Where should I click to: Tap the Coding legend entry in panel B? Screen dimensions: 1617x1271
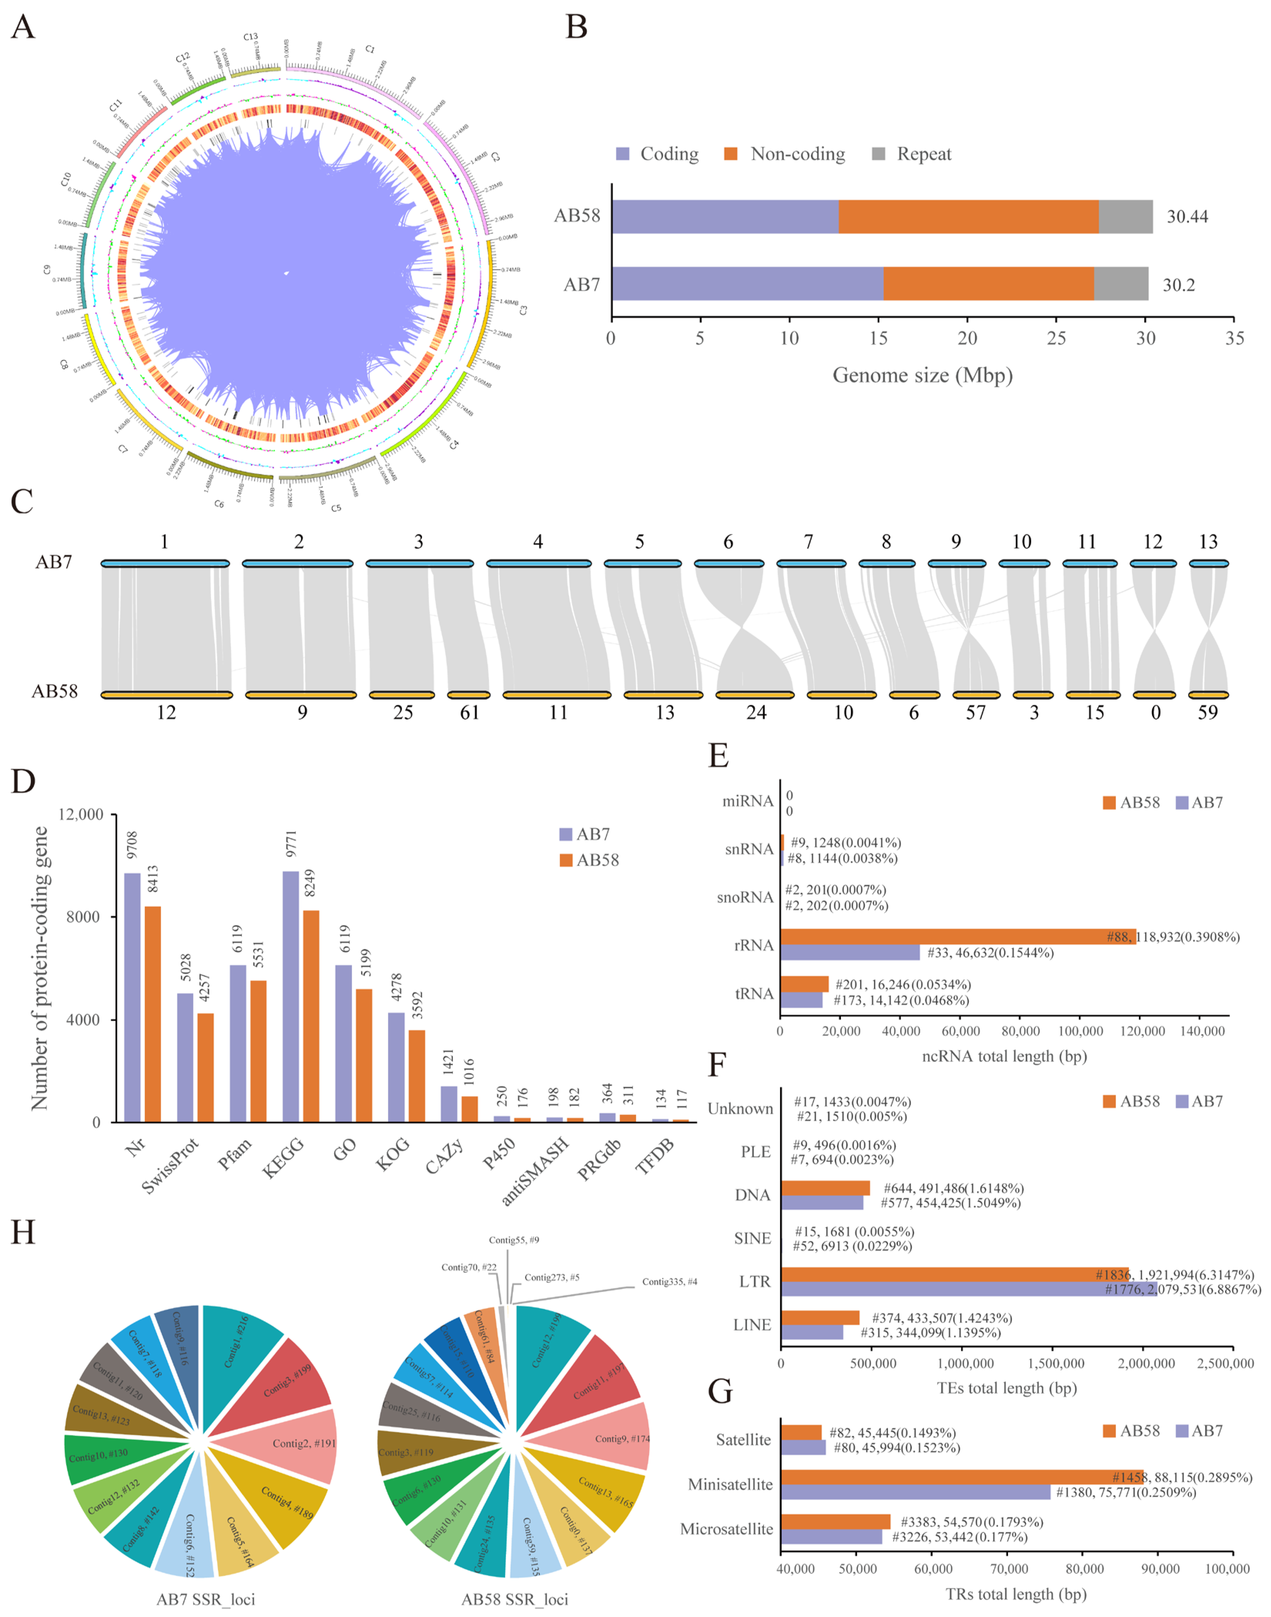(x=658, y=154)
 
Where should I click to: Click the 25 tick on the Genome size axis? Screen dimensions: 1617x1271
(x=1056, y=338)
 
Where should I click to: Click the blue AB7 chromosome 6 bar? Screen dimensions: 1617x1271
(x=728, y=564)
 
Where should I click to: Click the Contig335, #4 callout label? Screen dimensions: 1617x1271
(x=670, y=1281)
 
